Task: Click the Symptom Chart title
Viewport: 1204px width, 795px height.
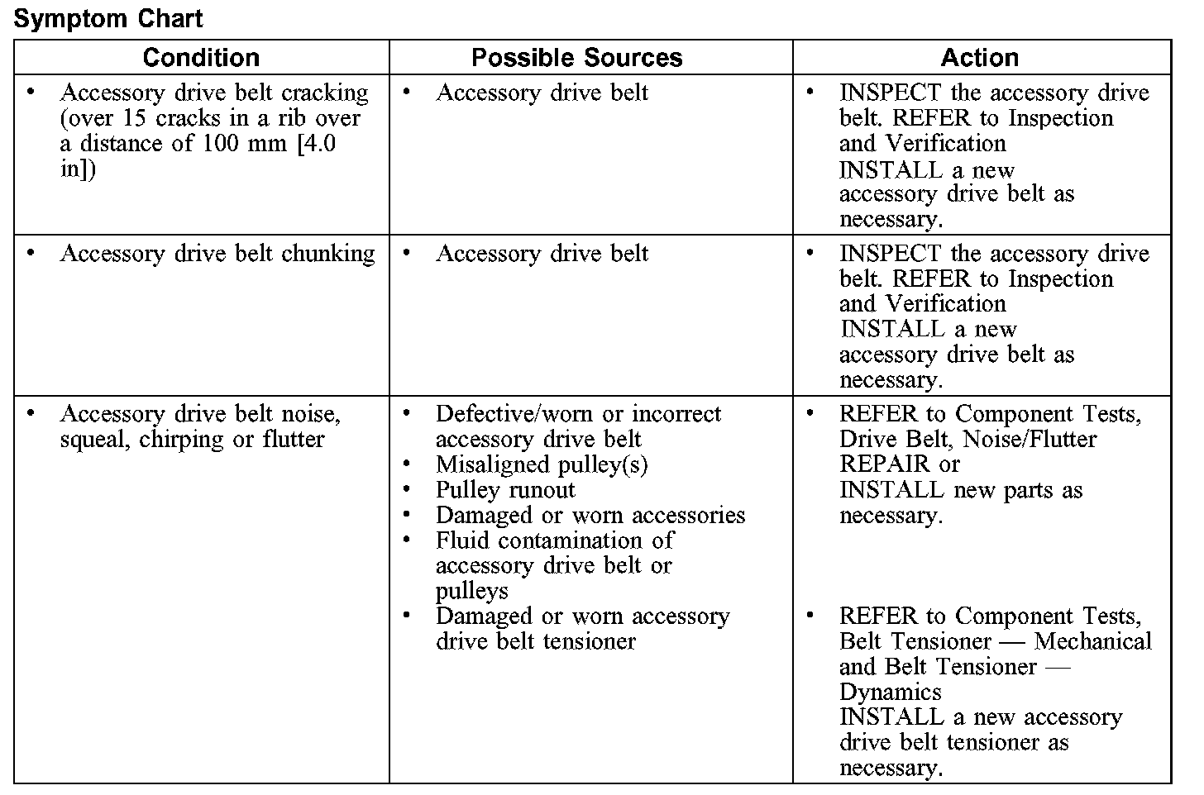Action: point(108,19)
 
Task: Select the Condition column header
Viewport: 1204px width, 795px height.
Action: point(201,57)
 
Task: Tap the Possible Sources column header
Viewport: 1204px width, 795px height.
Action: point(576,57)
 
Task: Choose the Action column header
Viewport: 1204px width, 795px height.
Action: point(980,57)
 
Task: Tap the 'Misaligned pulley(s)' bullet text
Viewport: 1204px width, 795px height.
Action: point(542,464)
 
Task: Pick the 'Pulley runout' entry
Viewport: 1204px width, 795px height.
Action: point(504,490)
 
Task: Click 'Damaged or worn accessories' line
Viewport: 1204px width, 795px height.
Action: point(590,516)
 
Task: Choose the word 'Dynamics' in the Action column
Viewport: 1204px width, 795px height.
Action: point(890,692)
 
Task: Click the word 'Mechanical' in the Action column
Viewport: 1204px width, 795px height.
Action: point(1093,641)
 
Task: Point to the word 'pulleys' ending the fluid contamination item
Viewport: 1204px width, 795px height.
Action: point(472,592)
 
